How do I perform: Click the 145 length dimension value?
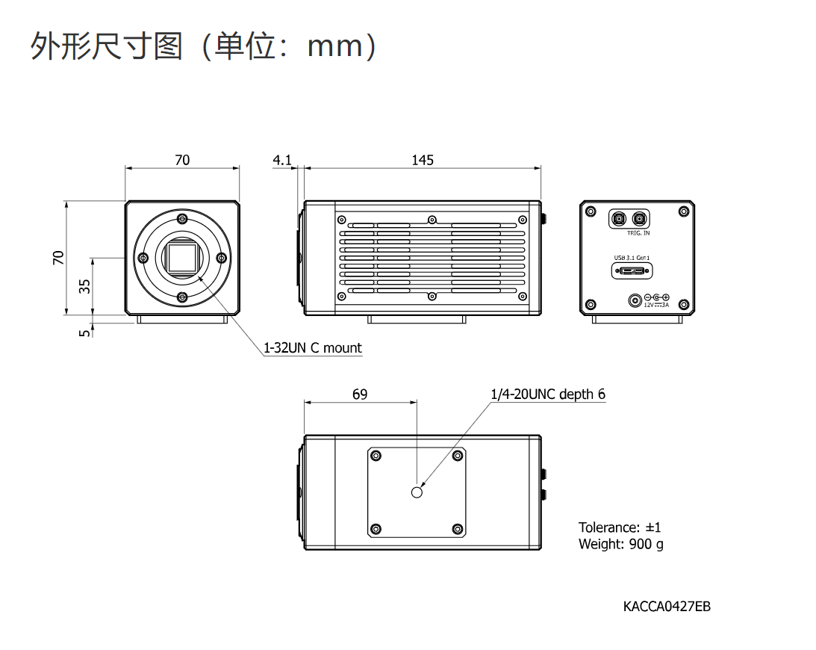(x=422, y=160)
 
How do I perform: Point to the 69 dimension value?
(x=360, y=394)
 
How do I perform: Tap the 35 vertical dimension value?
(x=85, y=285)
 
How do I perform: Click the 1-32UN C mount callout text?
(x=312, y=347)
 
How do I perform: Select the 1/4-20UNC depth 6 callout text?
(x=547, y=394)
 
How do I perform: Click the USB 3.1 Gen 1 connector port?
(x=631, y=269)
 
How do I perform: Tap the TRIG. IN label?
(x=638, y=233)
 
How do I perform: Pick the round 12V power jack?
(x=635, y=301)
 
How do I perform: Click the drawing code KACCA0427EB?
(x=667, y=606)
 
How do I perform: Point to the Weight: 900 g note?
(x=620, y=544)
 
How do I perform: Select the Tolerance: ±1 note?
(x=620, y=527)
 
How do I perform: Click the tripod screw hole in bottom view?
(x=417, y=492)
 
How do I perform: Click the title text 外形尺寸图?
(x=107, y=46)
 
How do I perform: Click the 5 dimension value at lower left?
(x=85, y=332)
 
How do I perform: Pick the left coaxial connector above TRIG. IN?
(x=619, y=219)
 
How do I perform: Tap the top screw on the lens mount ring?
(x=183, y=219)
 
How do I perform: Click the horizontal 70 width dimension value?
(x=182, y=160)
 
